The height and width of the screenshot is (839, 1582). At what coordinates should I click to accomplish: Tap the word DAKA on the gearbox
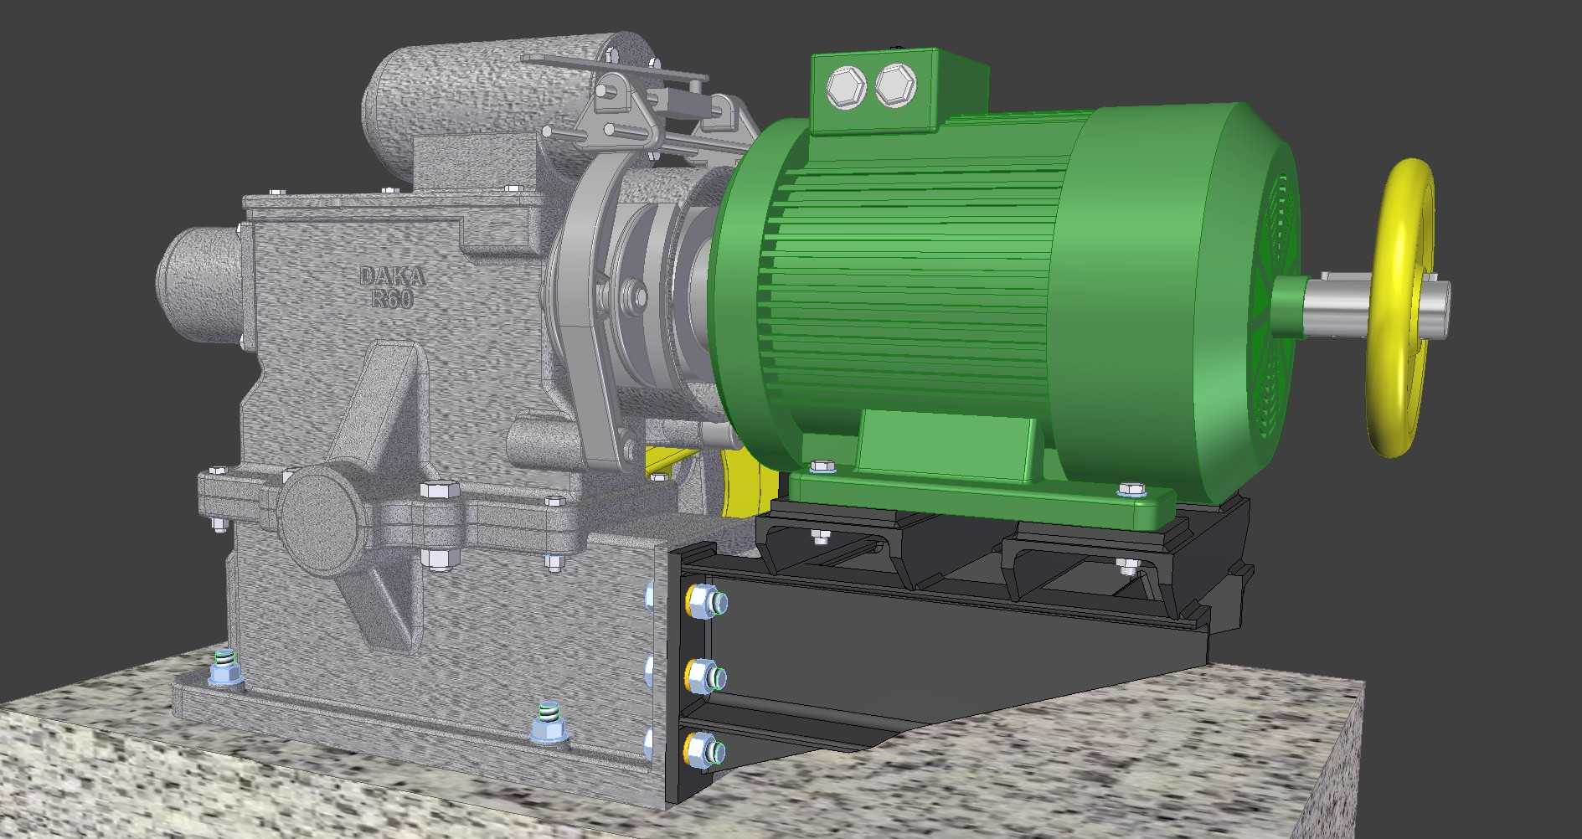click(392, 275)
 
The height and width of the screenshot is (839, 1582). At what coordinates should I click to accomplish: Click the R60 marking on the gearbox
click(392, 297)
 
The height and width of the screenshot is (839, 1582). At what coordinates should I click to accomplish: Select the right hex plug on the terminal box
click(895, 85)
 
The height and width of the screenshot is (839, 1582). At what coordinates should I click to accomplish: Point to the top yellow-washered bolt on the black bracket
click(705, 601)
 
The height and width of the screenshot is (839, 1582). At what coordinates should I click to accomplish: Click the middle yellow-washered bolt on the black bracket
click(705, 675)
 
